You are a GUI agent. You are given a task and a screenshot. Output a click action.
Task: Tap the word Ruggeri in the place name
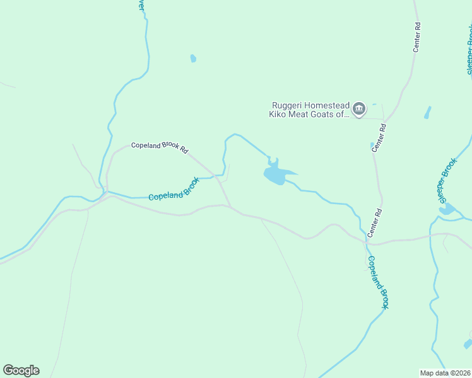tap(288, 106)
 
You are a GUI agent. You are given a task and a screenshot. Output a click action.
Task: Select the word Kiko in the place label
tap(278, 115)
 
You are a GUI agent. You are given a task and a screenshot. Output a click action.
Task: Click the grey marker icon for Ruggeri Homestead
tap(359, 109)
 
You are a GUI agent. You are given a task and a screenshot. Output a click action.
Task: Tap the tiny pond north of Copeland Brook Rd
tap(193, 59)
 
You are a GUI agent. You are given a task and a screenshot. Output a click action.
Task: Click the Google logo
tap(21, 370)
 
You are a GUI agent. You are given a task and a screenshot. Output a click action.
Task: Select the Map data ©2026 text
tap(445, 372)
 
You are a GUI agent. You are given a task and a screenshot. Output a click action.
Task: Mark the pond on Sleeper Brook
tap(447, 209)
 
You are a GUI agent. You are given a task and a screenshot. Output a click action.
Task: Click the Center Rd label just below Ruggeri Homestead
tap(379, 137)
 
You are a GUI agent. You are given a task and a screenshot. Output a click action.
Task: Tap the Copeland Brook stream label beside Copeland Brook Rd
tap(174, 190)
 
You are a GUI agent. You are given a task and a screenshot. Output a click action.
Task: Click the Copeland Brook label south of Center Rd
tap(377, 282)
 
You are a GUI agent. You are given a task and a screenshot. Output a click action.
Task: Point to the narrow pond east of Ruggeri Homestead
tap(427, 113)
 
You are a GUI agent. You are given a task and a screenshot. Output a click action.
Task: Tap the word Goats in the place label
tap(322, 115)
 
